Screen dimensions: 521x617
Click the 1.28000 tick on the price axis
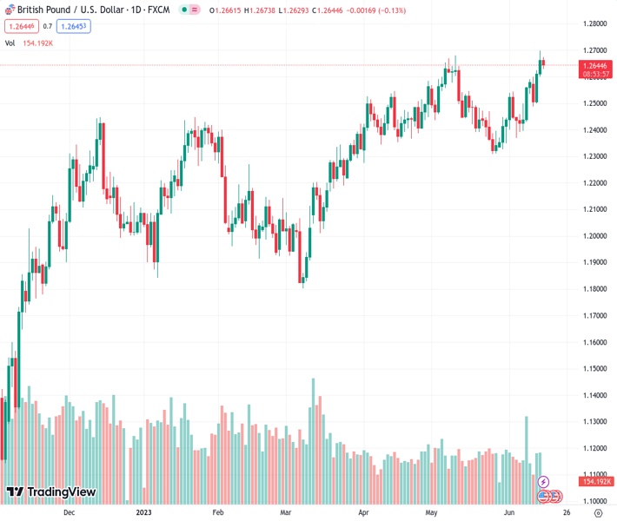click(594, 23)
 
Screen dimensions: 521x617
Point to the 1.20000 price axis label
click(594, 235)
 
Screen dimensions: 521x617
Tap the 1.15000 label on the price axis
click(594, 368)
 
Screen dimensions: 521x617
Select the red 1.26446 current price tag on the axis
click(594, 65)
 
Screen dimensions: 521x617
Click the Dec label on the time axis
click(70, 512)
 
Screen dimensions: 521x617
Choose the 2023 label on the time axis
click(145, 512)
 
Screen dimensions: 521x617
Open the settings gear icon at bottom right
click(597, 512)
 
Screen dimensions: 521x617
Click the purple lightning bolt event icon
click(544, 481)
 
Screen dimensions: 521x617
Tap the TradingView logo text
click(61, 492)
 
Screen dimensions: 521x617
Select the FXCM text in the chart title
click(157, 9)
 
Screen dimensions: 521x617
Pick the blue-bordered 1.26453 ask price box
click(74, 26)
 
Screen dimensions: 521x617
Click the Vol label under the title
click(10, 43)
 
